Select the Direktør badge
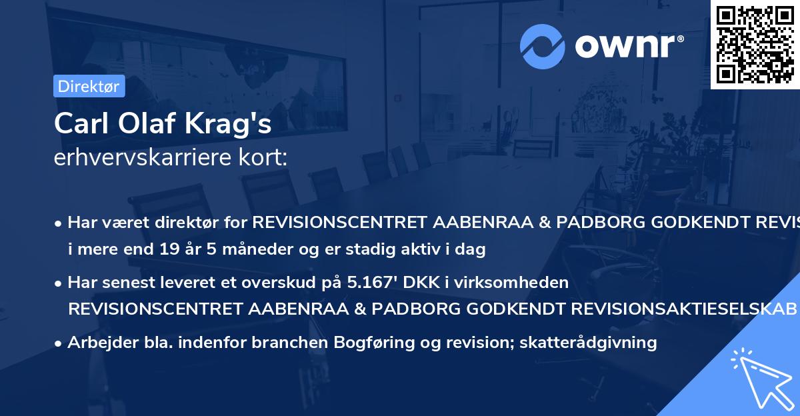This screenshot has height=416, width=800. [89, 86]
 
